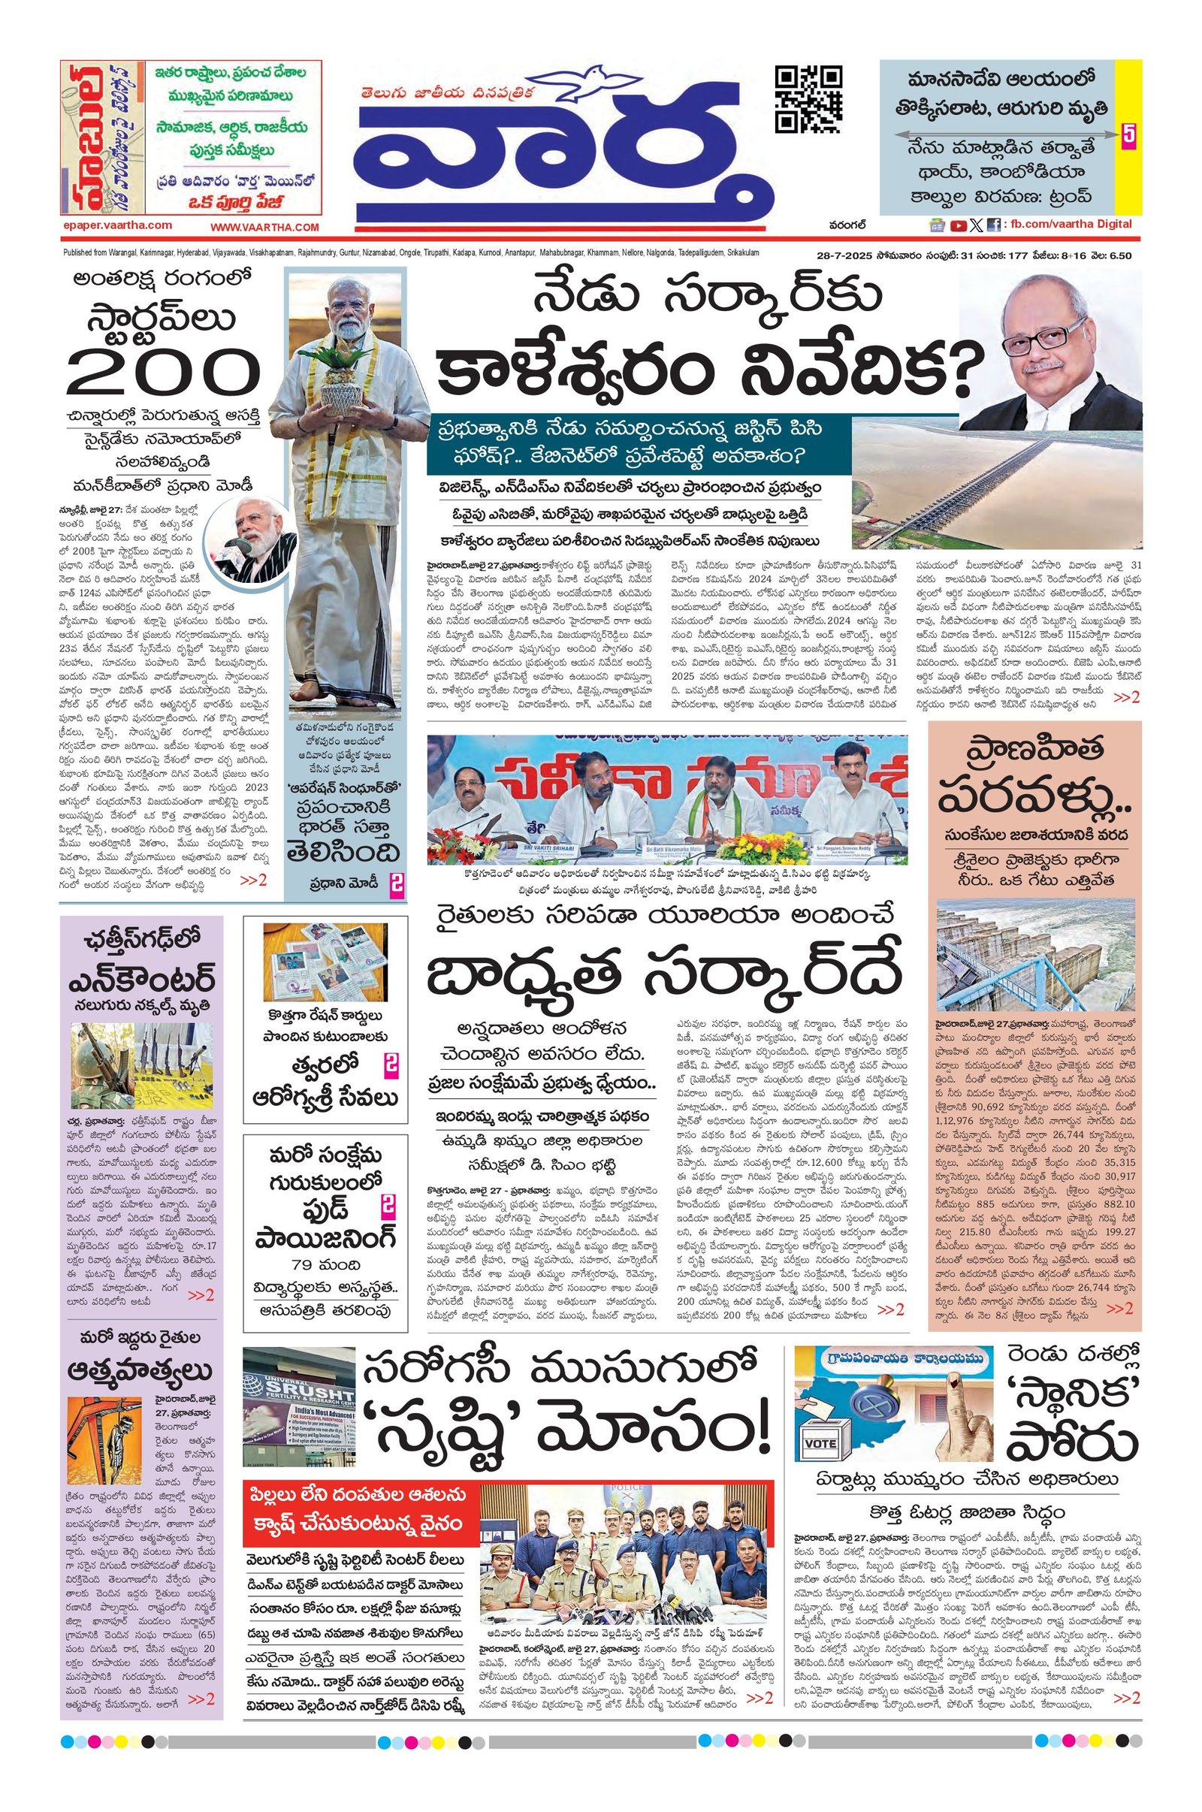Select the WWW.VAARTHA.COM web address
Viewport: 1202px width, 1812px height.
[264, 227]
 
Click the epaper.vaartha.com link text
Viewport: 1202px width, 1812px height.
[118, 226]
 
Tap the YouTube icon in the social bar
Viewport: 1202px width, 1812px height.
[957, 225]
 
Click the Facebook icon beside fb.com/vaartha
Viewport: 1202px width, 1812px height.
[992, 225]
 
